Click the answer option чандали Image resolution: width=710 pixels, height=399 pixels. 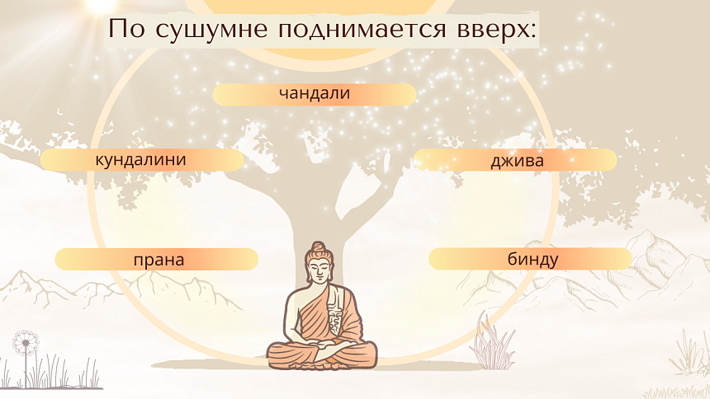coord(315,94)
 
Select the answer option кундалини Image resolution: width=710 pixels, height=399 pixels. coord(141,159)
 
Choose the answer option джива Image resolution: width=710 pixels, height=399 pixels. coord(517,160)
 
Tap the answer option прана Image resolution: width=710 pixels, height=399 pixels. coord(158,260)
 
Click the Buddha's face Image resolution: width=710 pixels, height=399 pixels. coord(317,269)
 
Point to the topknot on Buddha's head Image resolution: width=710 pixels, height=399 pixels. coord(317,246)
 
